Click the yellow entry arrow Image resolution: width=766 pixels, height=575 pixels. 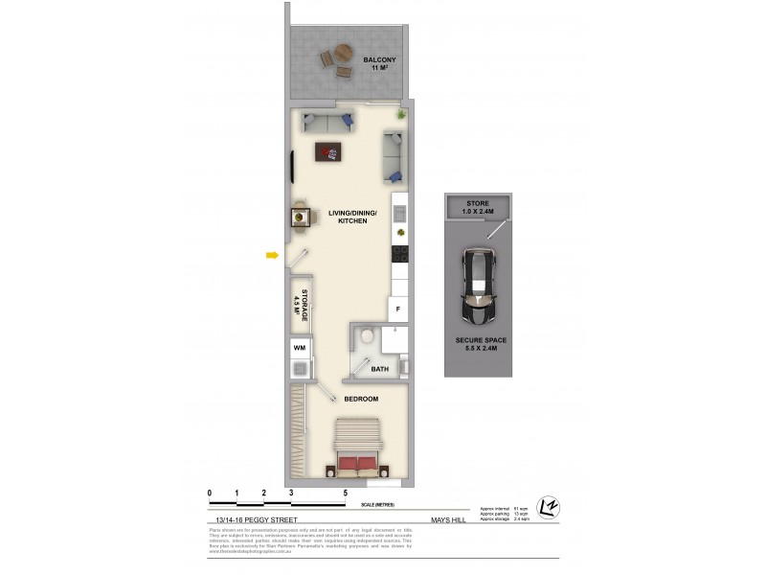(272, 255)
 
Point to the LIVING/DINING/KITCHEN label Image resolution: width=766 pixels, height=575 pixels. (352, 217)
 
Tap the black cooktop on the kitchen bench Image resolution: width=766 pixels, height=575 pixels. (401, 254)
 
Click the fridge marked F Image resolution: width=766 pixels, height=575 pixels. (398, 310)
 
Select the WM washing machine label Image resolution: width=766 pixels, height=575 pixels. (299, 347)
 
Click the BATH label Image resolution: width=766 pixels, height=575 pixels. (380, 368)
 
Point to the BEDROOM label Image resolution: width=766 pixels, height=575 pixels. (360, 399)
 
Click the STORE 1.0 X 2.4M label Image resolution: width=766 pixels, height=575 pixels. (477, 209)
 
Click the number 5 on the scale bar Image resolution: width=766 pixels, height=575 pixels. (346, 493)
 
